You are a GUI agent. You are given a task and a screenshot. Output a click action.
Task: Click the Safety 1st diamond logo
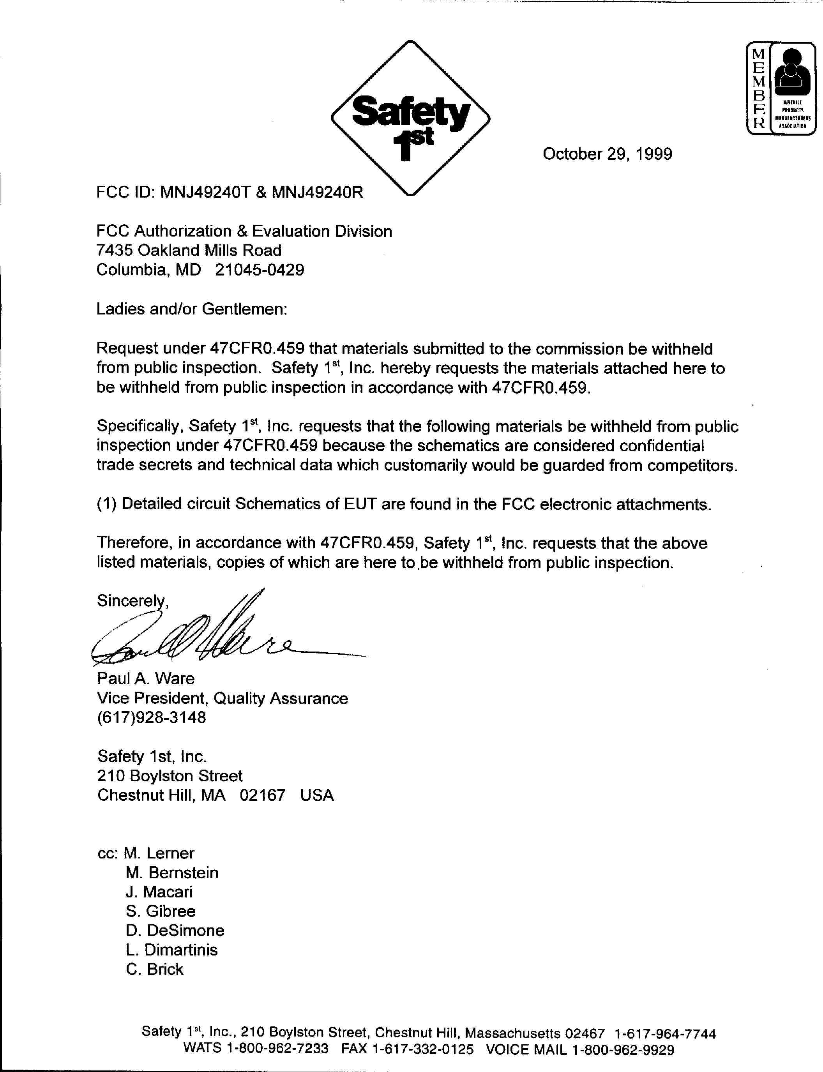(x=410, y=118)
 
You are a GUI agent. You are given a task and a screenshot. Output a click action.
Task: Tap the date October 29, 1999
(x=607, y=154)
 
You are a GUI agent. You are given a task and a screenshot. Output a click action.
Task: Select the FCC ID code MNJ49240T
(x=206, y=193)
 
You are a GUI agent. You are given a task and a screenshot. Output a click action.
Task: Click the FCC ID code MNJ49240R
(x=318, y=193)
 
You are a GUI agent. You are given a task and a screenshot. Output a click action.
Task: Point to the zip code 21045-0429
(x=260, y=270)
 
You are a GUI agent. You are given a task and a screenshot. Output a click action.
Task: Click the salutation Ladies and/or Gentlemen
(x=191, y=309)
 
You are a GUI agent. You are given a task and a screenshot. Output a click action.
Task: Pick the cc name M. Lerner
(x=159, y=853)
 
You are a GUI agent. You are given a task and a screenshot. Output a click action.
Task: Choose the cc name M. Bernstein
(x=172, y=872)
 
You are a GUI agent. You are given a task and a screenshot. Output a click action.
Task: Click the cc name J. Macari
(x=159, y=892)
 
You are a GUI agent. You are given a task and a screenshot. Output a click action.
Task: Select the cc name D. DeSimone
(x=175, y=931)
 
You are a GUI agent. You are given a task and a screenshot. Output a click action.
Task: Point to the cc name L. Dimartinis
(x=171, y=950)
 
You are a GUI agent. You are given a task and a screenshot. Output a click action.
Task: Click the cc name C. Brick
(x=154, y=969)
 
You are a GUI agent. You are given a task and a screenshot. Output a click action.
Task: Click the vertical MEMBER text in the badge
(x=758, y=88)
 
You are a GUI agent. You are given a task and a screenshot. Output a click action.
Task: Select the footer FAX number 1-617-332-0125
(x=423, y=1049)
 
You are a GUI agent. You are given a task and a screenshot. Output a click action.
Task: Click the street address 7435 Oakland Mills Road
(x=189, y=250)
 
